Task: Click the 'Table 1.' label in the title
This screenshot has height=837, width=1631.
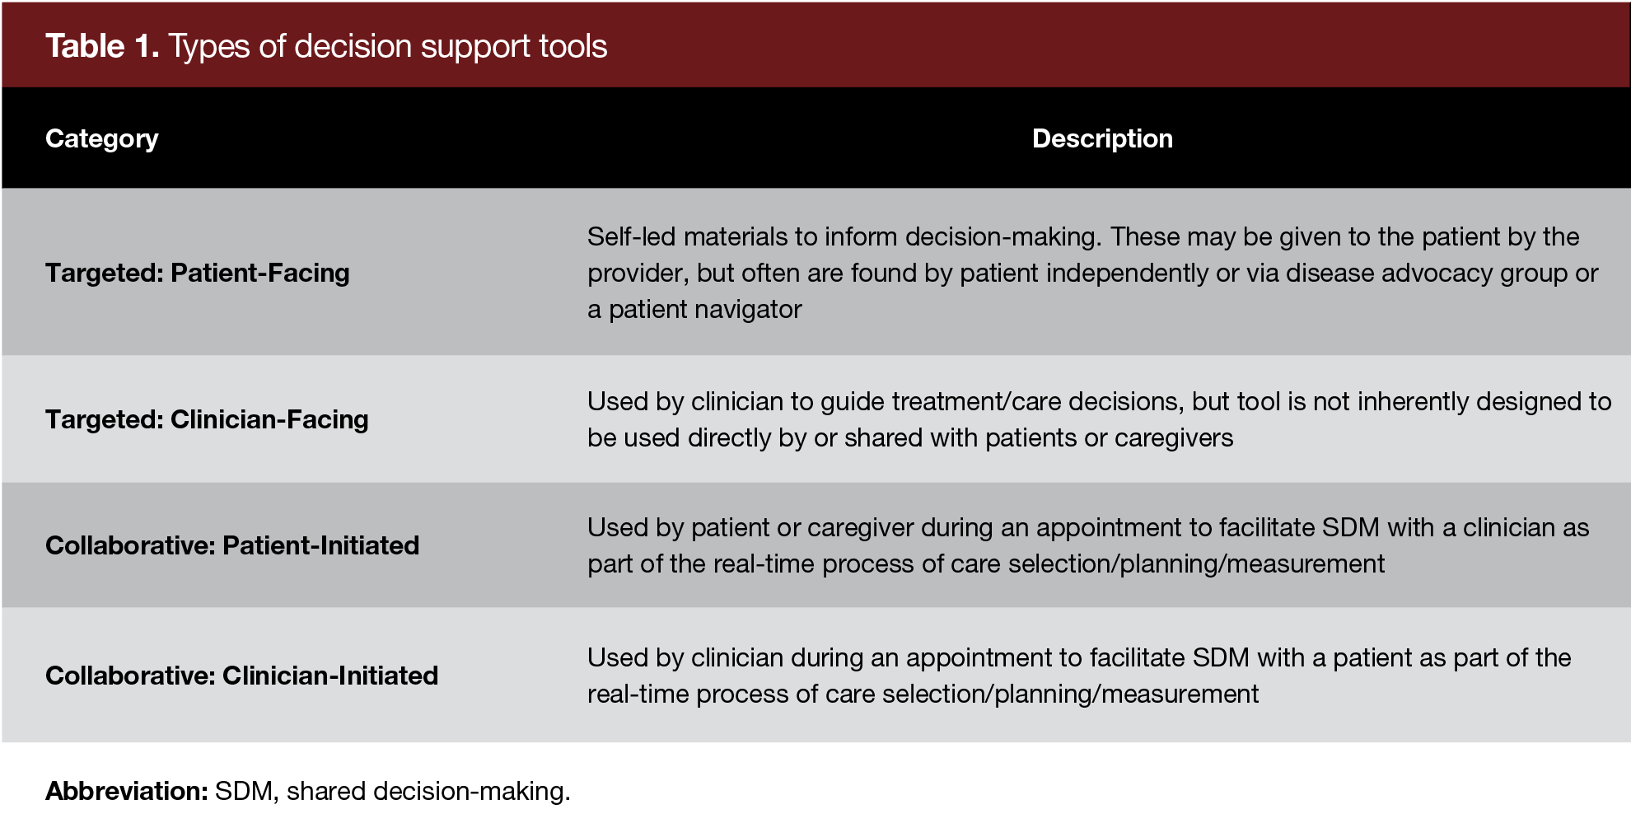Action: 102,46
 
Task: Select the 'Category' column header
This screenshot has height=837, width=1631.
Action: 101,138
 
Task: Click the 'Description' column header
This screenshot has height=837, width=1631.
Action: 1102,138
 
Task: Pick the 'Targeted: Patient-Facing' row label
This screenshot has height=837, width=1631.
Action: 197,273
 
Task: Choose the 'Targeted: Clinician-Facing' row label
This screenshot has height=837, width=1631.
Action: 207,419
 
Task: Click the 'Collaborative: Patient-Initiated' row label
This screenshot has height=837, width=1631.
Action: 232,545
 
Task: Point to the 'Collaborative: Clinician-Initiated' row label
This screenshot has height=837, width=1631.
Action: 241,676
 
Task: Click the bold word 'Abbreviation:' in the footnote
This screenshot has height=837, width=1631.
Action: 126,791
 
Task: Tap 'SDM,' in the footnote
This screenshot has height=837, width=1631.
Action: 246,791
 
